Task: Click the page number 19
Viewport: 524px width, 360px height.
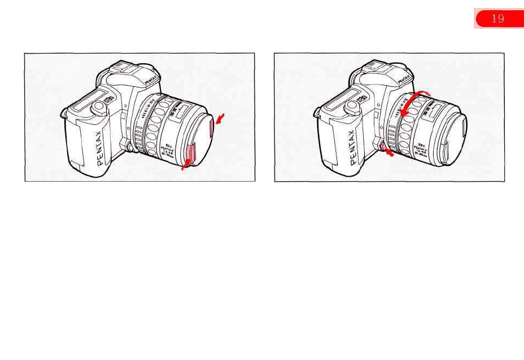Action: (x=497, y=19)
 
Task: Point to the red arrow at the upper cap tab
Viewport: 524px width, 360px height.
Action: (x=220, y=117)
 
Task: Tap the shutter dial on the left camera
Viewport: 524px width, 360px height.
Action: (x=100, y=106)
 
